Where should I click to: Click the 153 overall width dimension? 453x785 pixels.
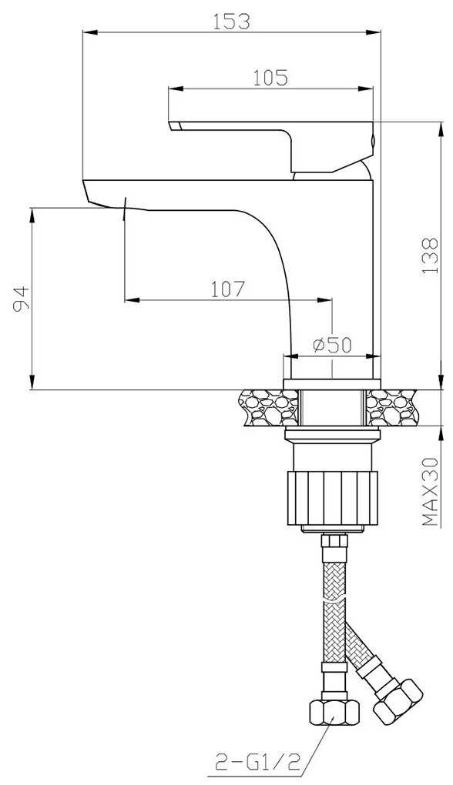pyautogui.click(x=231, y=21)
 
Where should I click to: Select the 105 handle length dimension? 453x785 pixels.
pyautogui.click(x=270, y=78)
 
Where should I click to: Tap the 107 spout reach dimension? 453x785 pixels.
pyautogui.click(x=227, y=289)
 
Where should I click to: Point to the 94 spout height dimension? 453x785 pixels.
pyautogui.click(x=19, y=299)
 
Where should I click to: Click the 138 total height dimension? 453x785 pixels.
pyautogui.click(x=430, y=256)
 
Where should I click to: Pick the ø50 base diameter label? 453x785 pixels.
pyautogui.click(x=333, y=345)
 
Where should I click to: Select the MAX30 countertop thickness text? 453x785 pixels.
pyautogui.click(x=430, y=492)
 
